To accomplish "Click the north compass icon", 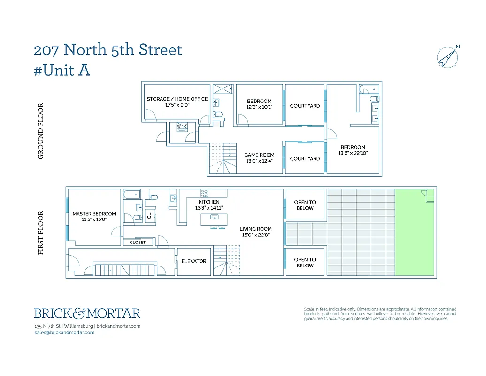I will tap(448, 57).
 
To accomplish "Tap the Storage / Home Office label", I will tap(177, 99).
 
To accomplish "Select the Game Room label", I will tap(259, 155).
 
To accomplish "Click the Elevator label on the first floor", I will tap(194, 261).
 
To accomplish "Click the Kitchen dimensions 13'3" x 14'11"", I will tap(209, 208).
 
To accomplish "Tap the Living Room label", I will tap(255, 229).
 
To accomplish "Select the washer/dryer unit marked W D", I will tap(182, 126).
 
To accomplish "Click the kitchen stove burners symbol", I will tap(205, 193).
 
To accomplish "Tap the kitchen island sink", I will tap(214, 217).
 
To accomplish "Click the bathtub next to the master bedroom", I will tap(131, 194).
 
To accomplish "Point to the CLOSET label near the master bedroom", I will tap(138, 243).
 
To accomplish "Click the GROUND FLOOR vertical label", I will tap(41, 131).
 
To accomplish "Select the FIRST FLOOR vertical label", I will tap(41, 233).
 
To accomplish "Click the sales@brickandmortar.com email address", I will tap(64, 332).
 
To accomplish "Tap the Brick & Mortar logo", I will tap(87, 313).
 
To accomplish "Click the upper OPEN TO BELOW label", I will tap(305, 205).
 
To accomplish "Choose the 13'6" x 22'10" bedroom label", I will tap(353, 150).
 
